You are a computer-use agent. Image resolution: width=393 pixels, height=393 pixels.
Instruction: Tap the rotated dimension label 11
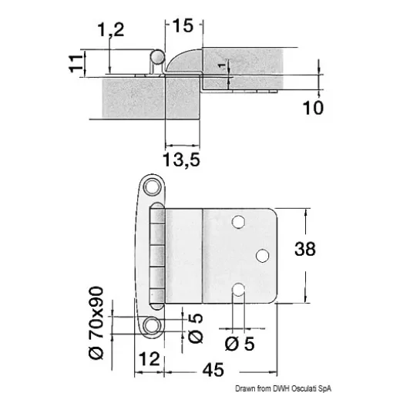(75, 62)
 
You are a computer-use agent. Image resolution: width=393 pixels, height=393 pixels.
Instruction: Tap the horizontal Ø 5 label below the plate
(238, 344)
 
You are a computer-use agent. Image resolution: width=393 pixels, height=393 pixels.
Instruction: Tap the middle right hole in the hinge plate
(262, 254)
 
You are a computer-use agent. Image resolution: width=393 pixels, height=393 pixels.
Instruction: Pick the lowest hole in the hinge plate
(238, 290)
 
